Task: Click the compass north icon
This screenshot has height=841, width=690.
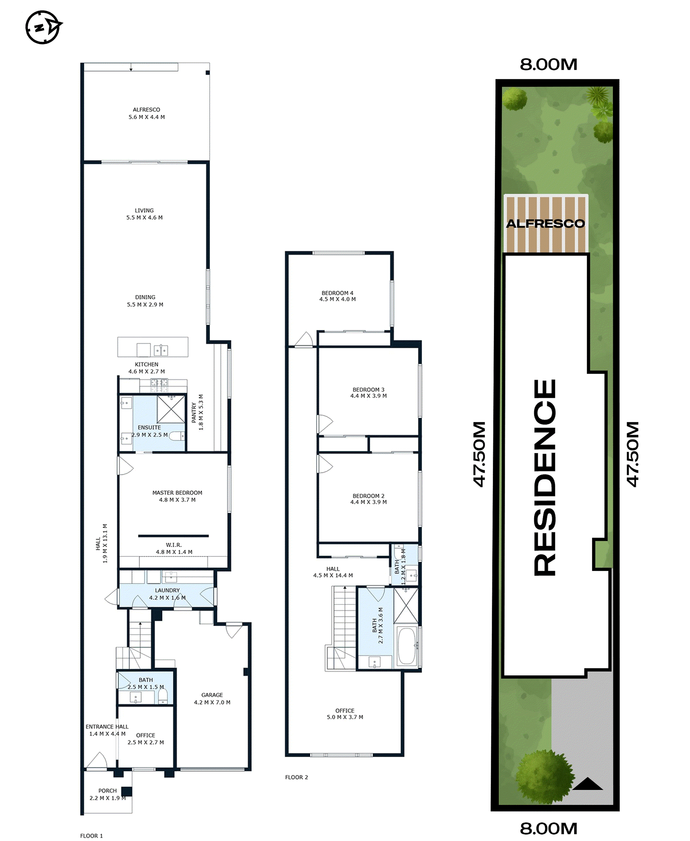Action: click(43, 27)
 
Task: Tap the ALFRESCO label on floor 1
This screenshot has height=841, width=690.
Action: click(146, 110)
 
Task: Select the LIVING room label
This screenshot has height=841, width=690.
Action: click(144, 210)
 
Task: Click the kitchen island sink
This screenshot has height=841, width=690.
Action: click(161, 350)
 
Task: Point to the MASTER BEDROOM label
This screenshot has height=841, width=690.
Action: click(177, 493)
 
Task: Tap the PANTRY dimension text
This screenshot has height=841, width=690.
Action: click(201, 412)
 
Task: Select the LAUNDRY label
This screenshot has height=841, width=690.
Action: click(167, 590)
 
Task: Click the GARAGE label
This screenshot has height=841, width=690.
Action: click(212, 695)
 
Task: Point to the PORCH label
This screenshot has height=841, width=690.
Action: click(107, 791)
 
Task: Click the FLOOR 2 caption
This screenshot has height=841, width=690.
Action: click(297, 777)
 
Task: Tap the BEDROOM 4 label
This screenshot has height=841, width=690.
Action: click(337, 293)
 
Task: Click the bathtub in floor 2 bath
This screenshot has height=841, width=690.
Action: click(406, 646)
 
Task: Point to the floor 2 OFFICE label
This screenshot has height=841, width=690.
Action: click(344, 710)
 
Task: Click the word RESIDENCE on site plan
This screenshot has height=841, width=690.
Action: click(545, 477)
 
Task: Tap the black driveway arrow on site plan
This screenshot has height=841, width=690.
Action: click(588, 784)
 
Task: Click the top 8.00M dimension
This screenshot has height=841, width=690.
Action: click(548, 65)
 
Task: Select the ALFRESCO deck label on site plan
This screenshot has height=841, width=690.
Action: click(545, 223)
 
